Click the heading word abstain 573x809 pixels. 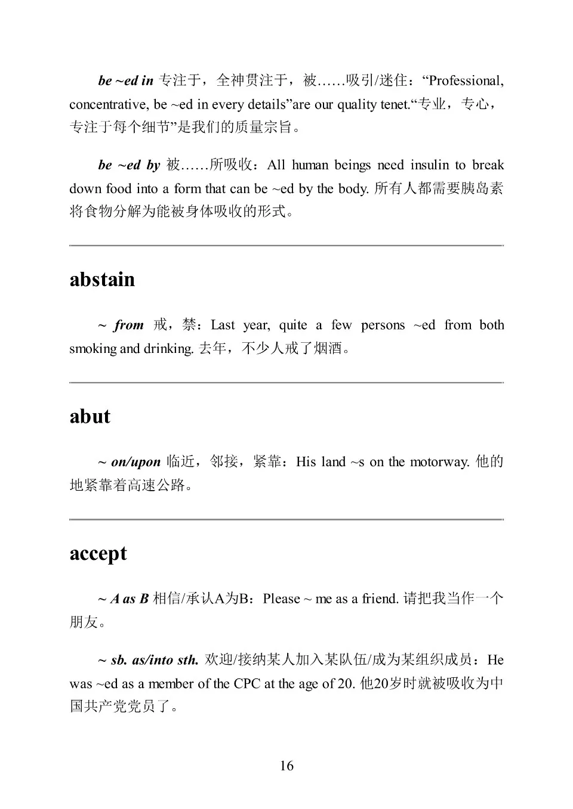tap(102, 280)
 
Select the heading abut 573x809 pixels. tap(90, 416)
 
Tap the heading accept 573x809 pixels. tap(98, 553)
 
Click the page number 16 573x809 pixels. tap(286, 765)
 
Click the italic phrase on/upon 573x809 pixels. tap(135, 462)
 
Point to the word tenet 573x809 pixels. tap(395, 104)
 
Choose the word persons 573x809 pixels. tap(383, 325)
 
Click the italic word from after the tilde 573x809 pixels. tap(129, 325)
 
